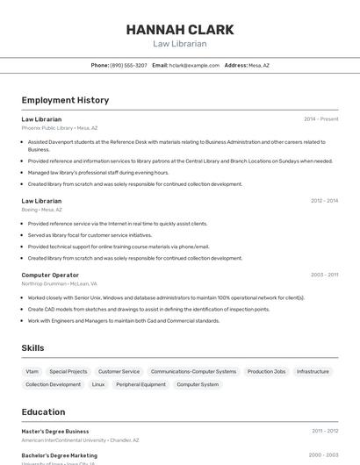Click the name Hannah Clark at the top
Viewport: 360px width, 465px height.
tap(180, 30)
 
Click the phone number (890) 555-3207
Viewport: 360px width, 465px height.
tap(128, 65)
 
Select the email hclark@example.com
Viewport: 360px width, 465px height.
tap(194, 65)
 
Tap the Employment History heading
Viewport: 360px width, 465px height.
tap(65, 100)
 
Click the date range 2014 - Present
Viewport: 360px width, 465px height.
tap(320, 119)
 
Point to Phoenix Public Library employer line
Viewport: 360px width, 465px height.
tap(60, 128)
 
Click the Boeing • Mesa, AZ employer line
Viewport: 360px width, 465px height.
tap(42, 210)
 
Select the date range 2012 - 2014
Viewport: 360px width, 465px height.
tap(324, 201)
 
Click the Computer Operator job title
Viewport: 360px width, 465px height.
tap(50, 275)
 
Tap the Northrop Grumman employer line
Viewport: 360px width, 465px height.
tap(60, 283)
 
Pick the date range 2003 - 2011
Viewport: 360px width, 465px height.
tap(324, 275)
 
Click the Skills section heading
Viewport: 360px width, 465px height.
tap(32, 348)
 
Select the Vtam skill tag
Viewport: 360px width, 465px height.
tap(32, 371)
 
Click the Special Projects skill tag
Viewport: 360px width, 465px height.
tap(68, 371)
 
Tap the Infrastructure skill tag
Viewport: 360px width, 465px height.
tap(313, 371)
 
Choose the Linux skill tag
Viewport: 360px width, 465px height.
tap(98, 384)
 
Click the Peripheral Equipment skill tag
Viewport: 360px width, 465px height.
tap(140, 384)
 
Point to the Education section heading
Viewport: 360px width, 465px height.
tap(43, 411)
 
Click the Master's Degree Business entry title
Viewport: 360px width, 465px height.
tap(55, 431)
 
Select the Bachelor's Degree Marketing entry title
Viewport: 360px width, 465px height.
tap(60, 455)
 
